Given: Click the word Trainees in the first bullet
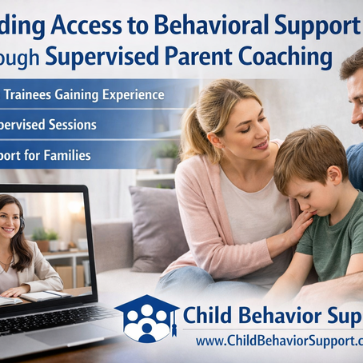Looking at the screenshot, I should (x=36, y=95).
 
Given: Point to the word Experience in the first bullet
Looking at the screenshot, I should (x=132, y=95).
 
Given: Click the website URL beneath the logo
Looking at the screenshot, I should (x=276, y=340).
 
